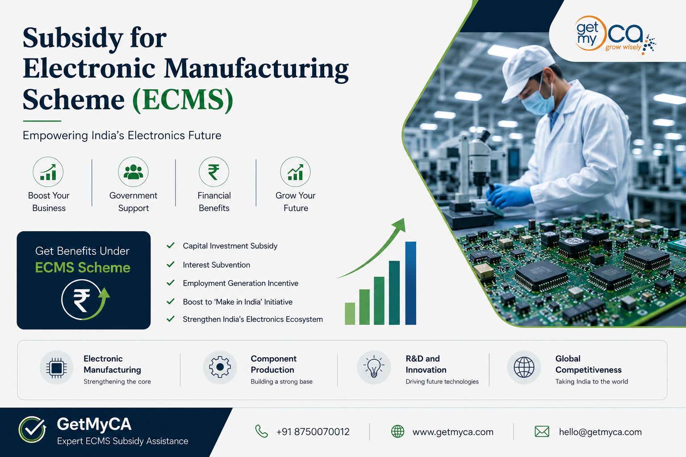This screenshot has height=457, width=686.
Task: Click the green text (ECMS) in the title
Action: pyautogui.click(x=183, y=100)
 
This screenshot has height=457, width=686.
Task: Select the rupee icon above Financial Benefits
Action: pyautogui.click(x=214, y=172)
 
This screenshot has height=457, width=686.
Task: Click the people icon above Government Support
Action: pyautogui.click(x=133, y=172)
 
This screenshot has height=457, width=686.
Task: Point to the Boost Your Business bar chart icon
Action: pyautogui.click(x=48, y=172)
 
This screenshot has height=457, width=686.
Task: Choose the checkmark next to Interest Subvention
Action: pyautogui.click(x=171, y=264)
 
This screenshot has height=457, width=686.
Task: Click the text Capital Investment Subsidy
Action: pyautogui.click(x=230, y=246)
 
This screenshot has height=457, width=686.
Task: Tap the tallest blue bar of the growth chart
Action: pyautogui.click(x=411, y=283)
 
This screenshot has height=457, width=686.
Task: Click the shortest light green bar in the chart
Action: pyautogui.click(x=350, y=313)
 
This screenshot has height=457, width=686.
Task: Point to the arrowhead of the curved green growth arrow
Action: pyautogui.click(x=400, y=225)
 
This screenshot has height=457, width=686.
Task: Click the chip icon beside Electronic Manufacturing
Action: pyautogui.click(x=56, y=368)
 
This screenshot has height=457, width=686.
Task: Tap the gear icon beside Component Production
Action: pyautogui.click(x=220, y=367)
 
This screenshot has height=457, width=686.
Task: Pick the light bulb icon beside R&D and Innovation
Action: pyautogui.click(x=374, y=367)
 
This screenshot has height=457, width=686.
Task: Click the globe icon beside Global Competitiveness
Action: pyautogui.click(x=524, y=367)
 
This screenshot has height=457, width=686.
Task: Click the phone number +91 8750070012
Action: pyautogui.click(x=313, y=432)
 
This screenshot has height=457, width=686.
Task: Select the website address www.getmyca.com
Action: pyautogui.click(x=453, y=432)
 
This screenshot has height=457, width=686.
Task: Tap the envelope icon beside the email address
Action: pyautogui.click(x=542, y=432)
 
